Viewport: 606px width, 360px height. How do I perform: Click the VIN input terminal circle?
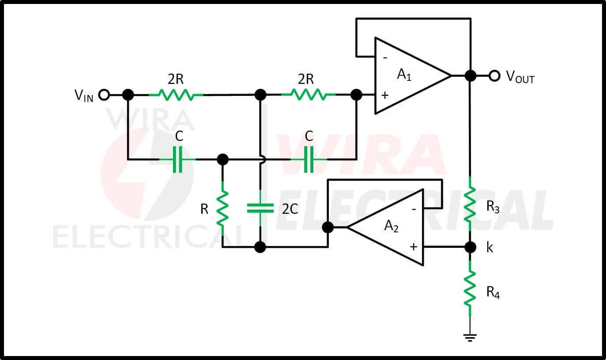click(x=104, y=95)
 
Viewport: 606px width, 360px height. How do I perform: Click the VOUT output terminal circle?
click(x=494, y=76)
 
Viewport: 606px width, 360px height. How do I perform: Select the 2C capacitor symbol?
click(x=260, y=208)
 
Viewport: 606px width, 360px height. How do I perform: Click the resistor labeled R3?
click(x=470, y=204)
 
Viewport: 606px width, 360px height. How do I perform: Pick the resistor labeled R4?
click(x=470, y=288)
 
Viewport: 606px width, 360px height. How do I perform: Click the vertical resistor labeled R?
click(x=222, y=208)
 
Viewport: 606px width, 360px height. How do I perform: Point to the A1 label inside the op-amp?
click(x=404, y=75)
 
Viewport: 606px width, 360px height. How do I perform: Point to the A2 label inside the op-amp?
click(x=391, y=226)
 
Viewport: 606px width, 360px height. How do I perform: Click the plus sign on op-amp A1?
click(x=385, y=95)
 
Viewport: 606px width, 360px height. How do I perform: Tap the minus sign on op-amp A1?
click(x=385, y=58)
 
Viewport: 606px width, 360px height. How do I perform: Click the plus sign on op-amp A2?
click(x=414, y=247)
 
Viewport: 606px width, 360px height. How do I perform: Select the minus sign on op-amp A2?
click(x=414, y=209)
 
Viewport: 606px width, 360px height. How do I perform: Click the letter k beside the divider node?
click(x=489, y=247)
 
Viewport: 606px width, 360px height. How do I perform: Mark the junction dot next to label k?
click(x=470, y=247)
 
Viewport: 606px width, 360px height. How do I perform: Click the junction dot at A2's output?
click(x=328, y=227)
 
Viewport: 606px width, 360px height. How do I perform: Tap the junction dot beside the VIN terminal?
click(x=128, y=95)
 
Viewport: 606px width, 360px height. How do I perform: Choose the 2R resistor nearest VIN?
click(x=176, y=95)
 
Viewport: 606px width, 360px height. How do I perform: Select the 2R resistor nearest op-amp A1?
click(x=309, y=95)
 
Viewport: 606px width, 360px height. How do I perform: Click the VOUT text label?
click(x=520, y=77)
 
